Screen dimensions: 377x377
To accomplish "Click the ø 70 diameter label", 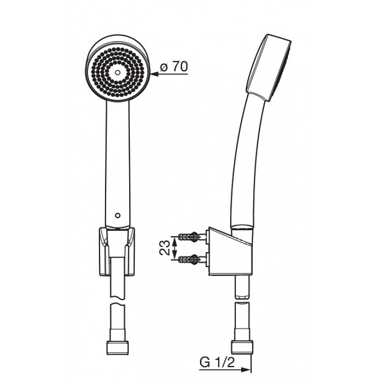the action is (174, 66).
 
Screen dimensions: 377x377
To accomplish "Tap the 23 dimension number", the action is (165, 248).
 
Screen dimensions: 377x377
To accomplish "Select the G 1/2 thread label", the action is (217, 362).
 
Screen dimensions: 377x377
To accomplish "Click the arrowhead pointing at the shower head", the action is (155, 74).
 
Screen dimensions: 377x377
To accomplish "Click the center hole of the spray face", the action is (117, 72).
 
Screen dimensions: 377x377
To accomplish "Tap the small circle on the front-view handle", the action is (118, 216).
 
